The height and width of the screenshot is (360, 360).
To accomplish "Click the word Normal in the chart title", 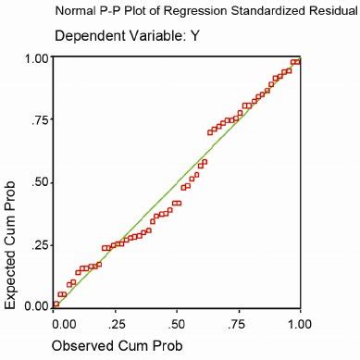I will (76, 13).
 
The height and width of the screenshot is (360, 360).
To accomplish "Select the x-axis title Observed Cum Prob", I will (117, 345).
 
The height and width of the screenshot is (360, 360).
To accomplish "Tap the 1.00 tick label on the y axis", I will (36, 58).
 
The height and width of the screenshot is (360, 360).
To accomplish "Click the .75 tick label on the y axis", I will (40, 119).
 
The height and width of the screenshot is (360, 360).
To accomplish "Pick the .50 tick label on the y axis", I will (40, 181).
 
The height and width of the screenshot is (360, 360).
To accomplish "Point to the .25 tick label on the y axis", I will (40, 243).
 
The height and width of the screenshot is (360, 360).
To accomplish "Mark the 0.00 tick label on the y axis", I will (36, 305).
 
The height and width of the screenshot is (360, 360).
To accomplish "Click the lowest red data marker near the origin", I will (56, 304).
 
